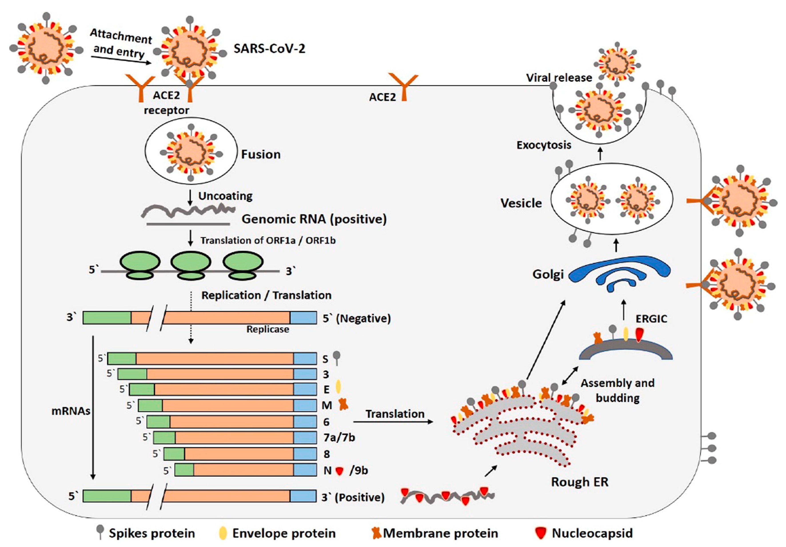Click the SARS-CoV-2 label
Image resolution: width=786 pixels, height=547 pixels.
point(269,49)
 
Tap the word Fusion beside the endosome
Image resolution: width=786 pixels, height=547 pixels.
point(261,154)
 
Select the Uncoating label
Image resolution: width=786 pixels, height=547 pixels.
point(225,196)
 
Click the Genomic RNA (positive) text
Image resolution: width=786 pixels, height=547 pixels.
point(314,219)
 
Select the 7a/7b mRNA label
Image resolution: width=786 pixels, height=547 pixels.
point(339,438)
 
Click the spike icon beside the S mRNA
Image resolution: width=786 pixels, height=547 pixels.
point(337,357)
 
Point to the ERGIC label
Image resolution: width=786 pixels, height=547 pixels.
point(651,319)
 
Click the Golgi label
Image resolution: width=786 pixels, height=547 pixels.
point(548,274)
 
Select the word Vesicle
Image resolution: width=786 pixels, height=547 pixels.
point(521,203)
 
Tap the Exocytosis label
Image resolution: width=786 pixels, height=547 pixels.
point(544,145)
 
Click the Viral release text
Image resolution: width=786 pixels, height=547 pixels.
point(559,78)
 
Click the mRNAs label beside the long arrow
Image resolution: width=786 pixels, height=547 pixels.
point(71,411)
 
